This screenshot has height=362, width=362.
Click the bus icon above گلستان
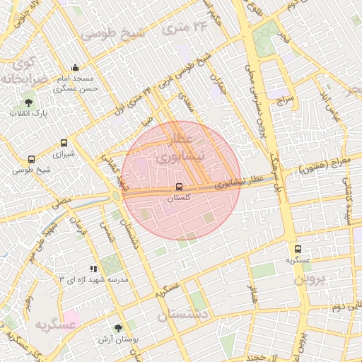pyautogui.click(x=178, y=187)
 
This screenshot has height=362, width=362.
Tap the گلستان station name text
pyautogui.click(x=178, y=199)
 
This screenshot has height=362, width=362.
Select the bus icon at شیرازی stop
pyautogui.click(x=64, y=142)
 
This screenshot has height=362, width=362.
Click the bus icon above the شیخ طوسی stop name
pyautogui.click(x=30, y=159)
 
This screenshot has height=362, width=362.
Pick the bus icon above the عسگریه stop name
pyautogui.click(x=298, y=249)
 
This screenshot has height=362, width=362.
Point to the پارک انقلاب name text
pyautogui.click(x=28, y=114)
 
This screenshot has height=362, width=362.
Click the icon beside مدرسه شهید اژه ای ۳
pyautogui.click(x=93, y=269)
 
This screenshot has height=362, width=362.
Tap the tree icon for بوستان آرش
pyautogui.click(x=117, y=328)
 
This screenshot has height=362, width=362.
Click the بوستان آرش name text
pyautogui.click(x=118, y=339)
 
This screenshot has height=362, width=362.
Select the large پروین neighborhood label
pyautogui.click(x=309, y=279)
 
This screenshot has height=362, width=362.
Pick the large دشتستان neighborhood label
pyautogui.click(x=182, y=314)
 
